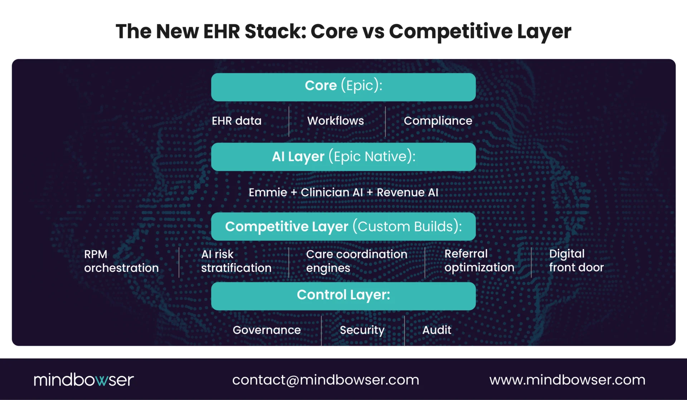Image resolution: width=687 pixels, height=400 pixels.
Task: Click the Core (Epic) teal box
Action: pyautogui.click(x=343, y=87)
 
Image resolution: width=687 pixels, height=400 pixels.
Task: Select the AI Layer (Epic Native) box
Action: pyautogui.click(x=343, y=157)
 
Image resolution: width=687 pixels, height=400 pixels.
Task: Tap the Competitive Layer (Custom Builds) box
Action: pyautogui.click(x=343, y=226)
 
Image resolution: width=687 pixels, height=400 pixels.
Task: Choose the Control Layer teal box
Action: pyautogui.click(x=343, y=296)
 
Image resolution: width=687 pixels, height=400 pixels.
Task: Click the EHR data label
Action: pyautogui.click(x=237, y=121)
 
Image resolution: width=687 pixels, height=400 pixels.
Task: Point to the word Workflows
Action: pyautogui.click(x=335, y=121)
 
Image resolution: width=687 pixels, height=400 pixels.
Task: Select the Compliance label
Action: pyautogui.click(x=438, y=121)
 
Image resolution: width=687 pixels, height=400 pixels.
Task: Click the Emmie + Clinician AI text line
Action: pyautogui.click(x=343, y=192)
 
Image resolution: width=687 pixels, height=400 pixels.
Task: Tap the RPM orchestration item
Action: pyautogui.click(x=121, y=261)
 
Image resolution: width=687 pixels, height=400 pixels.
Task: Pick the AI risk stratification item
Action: pyautogui.click(x=236, y=261)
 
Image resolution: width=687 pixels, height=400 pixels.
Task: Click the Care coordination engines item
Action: pyautogui.click(x=356, y=261)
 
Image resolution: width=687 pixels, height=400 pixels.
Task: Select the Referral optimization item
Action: pyautogui.click(x=479, y=261)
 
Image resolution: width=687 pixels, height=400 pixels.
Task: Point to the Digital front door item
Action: pyautogui.click(x=576, y=261)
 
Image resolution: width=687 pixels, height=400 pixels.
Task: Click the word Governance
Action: pyautogui.click(x=267, y=330)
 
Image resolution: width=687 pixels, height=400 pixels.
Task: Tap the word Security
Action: pyautogui.click(x=362, y=330)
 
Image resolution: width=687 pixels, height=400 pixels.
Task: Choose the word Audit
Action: pyautogui.click(x=437, y=330)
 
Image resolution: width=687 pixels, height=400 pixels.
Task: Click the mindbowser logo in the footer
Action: pyautogui.click(x=84, y=380)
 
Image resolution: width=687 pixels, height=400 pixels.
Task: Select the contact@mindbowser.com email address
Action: pyautogui.click(x=325, y=380)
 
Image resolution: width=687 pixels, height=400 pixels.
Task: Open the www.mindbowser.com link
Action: pyautogui.click(x=567, y=380)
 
